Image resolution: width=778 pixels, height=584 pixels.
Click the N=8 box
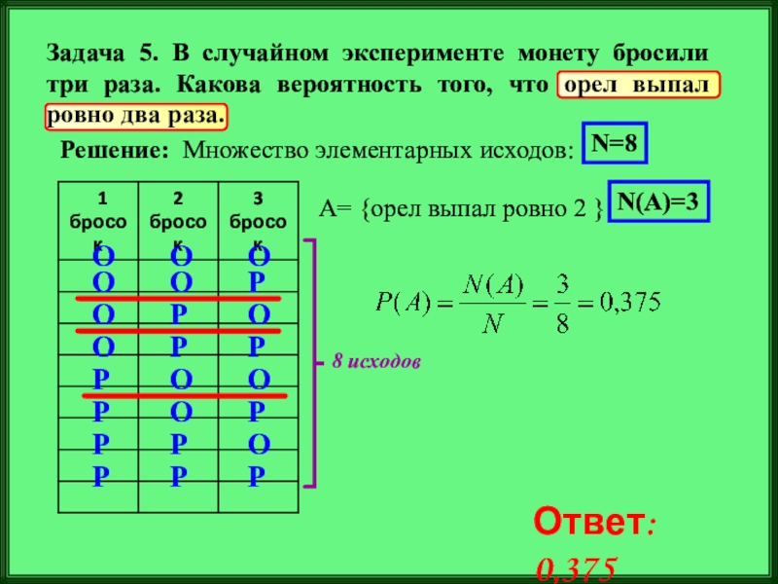[615, 144]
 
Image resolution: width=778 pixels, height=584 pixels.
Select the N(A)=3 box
[659, 202]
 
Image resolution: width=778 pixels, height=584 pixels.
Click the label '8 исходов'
[375, 361]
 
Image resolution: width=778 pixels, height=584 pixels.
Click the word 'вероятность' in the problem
[336, 85]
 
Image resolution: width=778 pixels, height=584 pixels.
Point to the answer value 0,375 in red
[577, 569]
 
